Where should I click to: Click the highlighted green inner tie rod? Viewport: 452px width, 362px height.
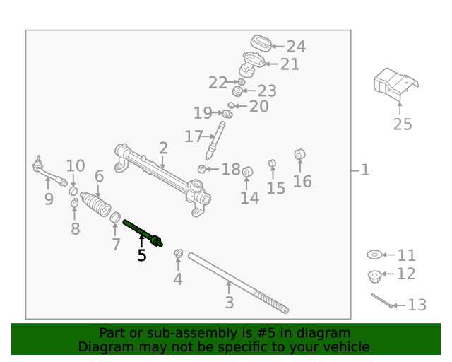(143, 234)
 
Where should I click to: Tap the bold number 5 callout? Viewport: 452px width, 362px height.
(142, 256)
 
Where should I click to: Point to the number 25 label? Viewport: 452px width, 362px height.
(402, 125)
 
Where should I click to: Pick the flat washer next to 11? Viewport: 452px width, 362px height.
(374, 255)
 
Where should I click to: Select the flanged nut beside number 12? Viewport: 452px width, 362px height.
(375, 274)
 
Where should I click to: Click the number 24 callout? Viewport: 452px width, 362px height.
(296, 47)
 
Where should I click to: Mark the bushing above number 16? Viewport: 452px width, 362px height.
(299, 154)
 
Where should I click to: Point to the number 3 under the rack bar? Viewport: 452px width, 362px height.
(229, 304)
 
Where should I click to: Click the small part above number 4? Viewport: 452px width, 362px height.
(179, 254)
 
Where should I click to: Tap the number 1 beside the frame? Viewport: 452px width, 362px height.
(364, 170)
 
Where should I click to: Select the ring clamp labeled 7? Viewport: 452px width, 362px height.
(116, 216)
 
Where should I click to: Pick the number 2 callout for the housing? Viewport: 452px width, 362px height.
(163, 148)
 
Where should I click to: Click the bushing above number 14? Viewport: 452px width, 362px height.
(247, 172)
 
